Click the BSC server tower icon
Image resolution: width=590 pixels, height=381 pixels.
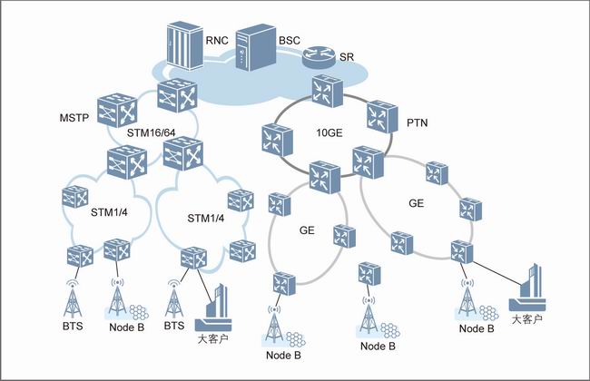[x=253, y=49]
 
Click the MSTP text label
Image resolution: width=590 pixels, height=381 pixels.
[x=74, y=118]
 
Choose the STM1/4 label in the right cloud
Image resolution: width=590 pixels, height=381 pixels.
[x=205, y=218]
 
